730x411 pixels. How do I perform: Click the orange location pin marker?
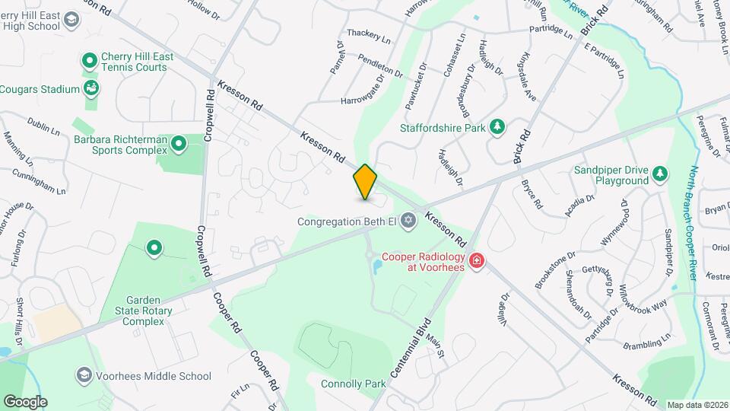(x=365, y=182)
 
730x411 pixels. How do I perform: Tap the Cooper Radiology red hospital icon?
(x=477, y=261)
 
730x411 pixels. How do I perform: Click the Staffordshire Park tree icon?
(x=497, y=127)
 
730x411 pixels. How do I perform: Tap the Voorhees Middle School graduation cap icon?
(x=83, y=375)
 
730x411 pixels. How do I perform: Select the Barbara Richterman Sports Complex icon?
(x=179, y=143)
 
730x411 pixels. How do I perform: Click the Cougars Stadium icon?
(x=91, y=89)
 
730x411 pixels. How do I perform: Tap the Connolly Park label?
(x=354, y=384)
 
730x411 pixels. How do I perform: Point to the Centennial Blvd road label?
(x=409, y=351)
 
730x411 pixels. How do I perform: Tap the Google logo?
(x=25, y=401)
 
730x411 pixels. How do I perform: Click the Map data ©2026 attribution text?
(x=697, y=405)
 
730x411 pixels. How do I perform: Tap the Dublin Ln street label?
(x=43, y=126)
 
